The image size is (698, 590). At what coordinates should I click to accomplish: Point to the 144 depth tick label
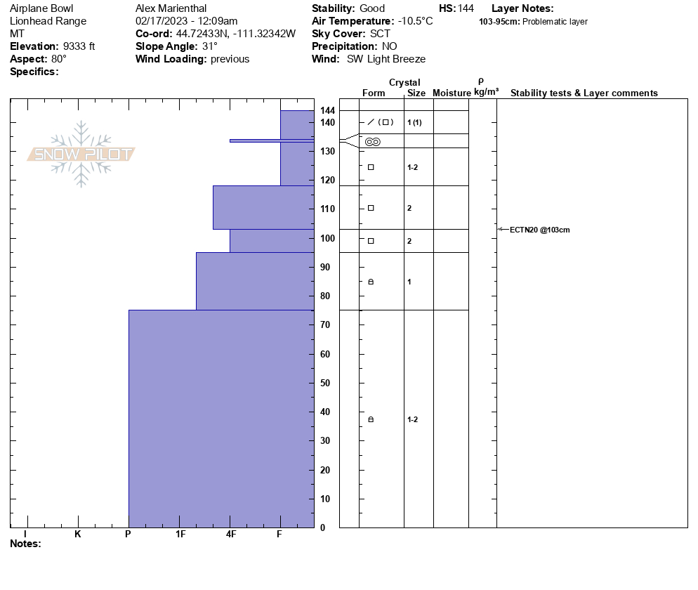point(327,110)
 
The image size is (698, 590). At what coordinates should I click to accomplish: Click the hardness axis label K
point(77,534)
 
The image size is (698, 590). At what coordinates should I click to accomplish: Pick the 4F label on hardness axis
point(230,534)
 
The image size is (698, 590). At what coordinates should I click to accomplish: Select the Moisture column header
point(452,93)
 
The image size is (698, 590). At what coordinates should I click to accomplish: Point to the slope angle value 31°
point(210,46)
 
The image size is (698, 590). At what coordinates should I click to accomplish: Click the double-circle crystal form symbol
point(373,142)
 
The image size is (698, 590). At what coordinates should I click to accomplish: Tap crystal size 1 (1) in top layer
point(414,123)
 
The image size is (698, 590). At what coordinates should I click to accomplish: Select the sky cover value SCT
point(380,34)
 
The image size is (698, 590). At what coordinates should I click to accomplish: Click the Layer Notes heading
point(522,8)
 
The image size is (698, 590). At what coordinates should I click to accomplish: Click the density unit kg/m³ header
point(486,92)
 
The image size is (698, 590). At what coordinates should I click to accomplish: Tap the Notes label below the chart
point(25,544)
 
